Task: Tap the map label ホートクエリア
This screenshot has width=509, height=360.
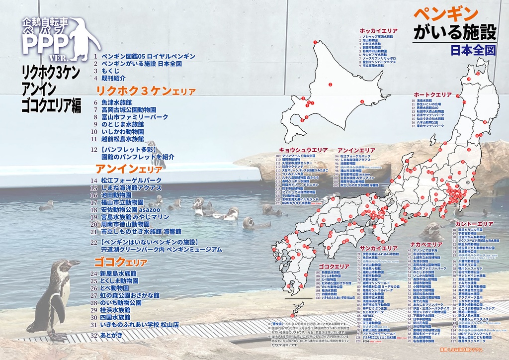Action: [x=432, y=94]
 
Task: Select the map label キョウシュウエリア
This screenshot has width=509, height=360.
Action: [x=303, y=150]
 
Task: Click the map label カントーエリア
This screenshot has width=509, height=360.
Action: [x=474, y=224]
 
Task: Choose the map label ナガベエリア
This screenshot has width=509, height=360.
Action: [x=426, y=245]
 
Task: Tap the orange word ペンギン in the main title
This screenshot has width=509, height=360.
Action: [x=445, y=13]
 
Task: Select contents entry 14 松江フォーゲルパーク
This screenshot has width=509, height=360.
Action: [x=131, y=180]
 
